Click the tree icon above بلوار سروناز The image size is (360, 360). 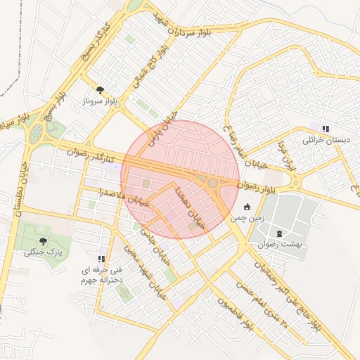[x=101, y=90]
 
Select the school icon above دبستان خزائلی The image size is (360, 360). [x=325, y=129]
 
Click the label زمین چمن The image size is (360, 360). [x=247, y=219]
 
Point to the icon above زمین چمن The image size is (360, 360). [x=247, y=207]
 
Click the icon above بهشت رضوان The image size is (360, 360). [x=280, y=233]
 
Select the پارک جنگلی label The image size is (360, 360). [x=44, y=251]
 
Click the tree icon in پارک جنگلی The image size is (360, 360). [x=44, y=240]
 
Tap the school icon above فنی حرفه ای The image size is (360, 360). [x=102, y=258]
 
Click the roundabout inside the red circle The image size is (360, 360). [x=213, y=183]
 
